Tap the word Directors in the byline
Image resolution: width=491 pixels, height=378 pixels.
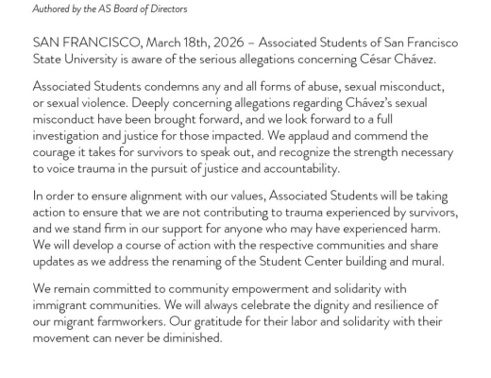(x=164, y=9)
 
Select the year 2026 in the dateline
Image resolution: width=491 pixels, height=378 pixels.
(x=232, y=43)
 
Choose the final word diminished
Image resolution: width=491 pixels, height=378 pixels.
(x=185, y=338)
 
